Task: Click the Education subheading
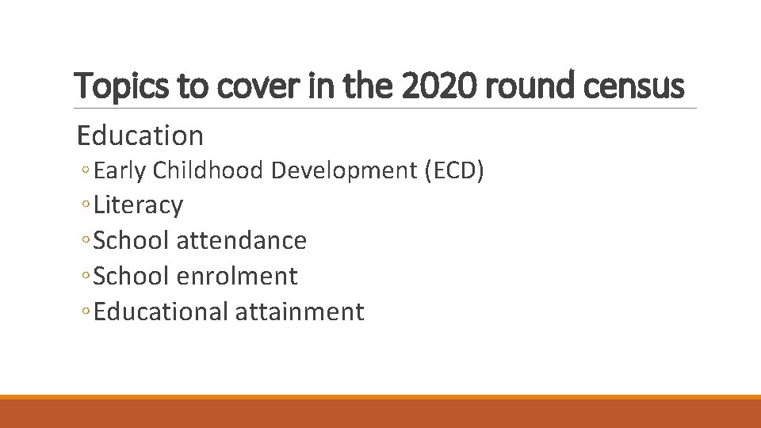tap(140, 136)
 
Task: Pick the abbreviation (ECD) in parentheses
tap(454, 170)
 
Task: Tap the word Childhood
tap(207, 170)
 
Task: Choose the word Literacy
tap(138, 205)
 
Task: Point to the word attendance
tap(241, 240)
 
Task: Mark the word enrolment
tap(237, 276)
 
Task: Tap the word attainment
tap(300, 311)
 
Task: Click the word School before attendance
tap(131, 240)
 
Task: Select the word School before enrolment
tap(131, 276)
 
